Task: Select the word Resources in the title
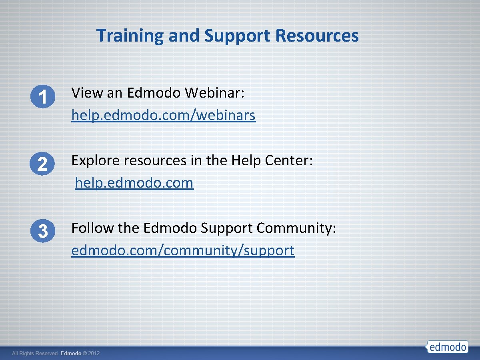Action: pos(317,36)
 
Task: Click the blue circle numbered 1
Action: pos(42,97)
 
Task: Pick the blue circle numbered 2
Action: pos(42,164)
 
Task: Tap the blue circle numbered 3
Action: pos(42,232)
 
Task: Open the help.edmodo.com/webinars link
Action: pos(163,116)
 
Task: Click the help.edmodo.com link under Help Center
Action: pos(134,183)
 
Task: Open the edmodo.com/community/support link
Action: pos(183,250)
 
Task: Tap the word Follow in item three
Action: pos(93,228)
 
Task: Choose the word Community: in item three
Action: pos(296,228)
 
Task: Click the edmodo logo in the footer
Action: pos(447,346)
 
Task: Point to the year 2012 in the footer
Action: pos(94,354)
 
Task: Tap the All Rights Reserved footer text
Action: pos(35,354)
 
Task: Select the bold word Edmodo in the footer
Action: pos(71,354)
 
